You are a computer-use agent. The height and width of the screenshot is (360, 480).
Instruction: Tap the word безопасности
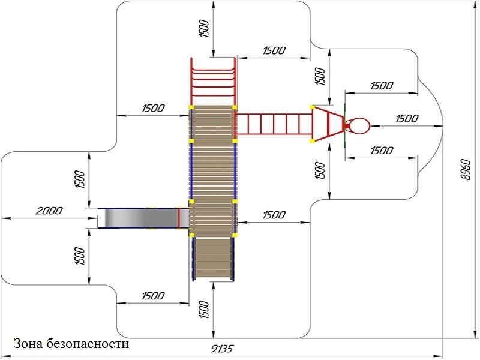91,344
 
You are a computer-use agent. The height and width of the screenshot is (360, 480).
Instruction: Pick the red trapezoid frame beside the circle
328,124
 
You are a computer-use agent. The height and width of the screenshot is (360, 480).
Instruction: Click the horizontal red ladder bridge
274,124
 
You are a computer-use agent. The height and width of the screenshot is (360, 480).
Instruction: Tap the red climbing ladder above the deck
213,81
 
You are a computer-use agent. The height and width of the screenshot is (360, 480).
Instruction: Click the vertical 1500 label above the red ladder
203,28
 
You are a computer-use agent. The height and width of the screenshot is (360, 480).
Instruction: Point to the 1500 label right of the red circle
407,119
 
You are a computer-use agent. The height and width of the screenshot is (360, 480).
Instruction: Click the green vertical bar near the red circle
345,126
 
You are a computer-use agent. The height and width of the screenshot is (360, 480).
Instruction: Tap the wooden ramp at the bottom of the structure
213,258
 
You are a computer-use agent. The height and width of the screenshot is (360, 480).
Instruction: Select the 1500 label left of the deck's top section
153,109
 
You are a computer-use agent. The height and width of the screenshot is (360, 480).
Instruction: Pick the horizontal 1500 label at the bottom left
153,296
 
